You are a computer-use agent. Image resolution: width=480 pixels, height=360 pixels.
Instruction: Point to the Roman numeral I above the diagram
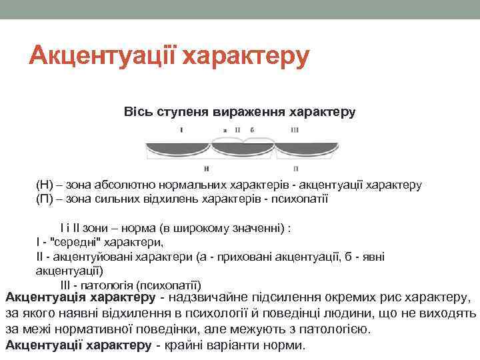[x=181, y=130]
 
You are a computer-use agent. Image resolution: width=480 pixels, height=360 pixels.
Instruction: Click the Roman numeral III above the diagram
[x=295, y=130]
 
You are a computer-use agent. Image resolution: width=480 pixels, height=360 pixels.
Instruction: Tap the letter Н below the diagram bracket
[x=208, y=168]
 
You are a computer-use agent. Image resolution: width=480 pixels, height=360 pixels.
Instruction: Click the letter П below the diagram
[x=295, y=168]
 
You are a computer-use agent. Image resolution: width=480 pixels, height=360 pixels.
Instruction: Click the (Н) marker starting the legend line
[x=44, y=185]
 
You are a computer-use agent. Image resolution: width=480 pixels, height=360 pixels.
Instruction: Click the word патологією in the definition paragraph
[x=350, y=329]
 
